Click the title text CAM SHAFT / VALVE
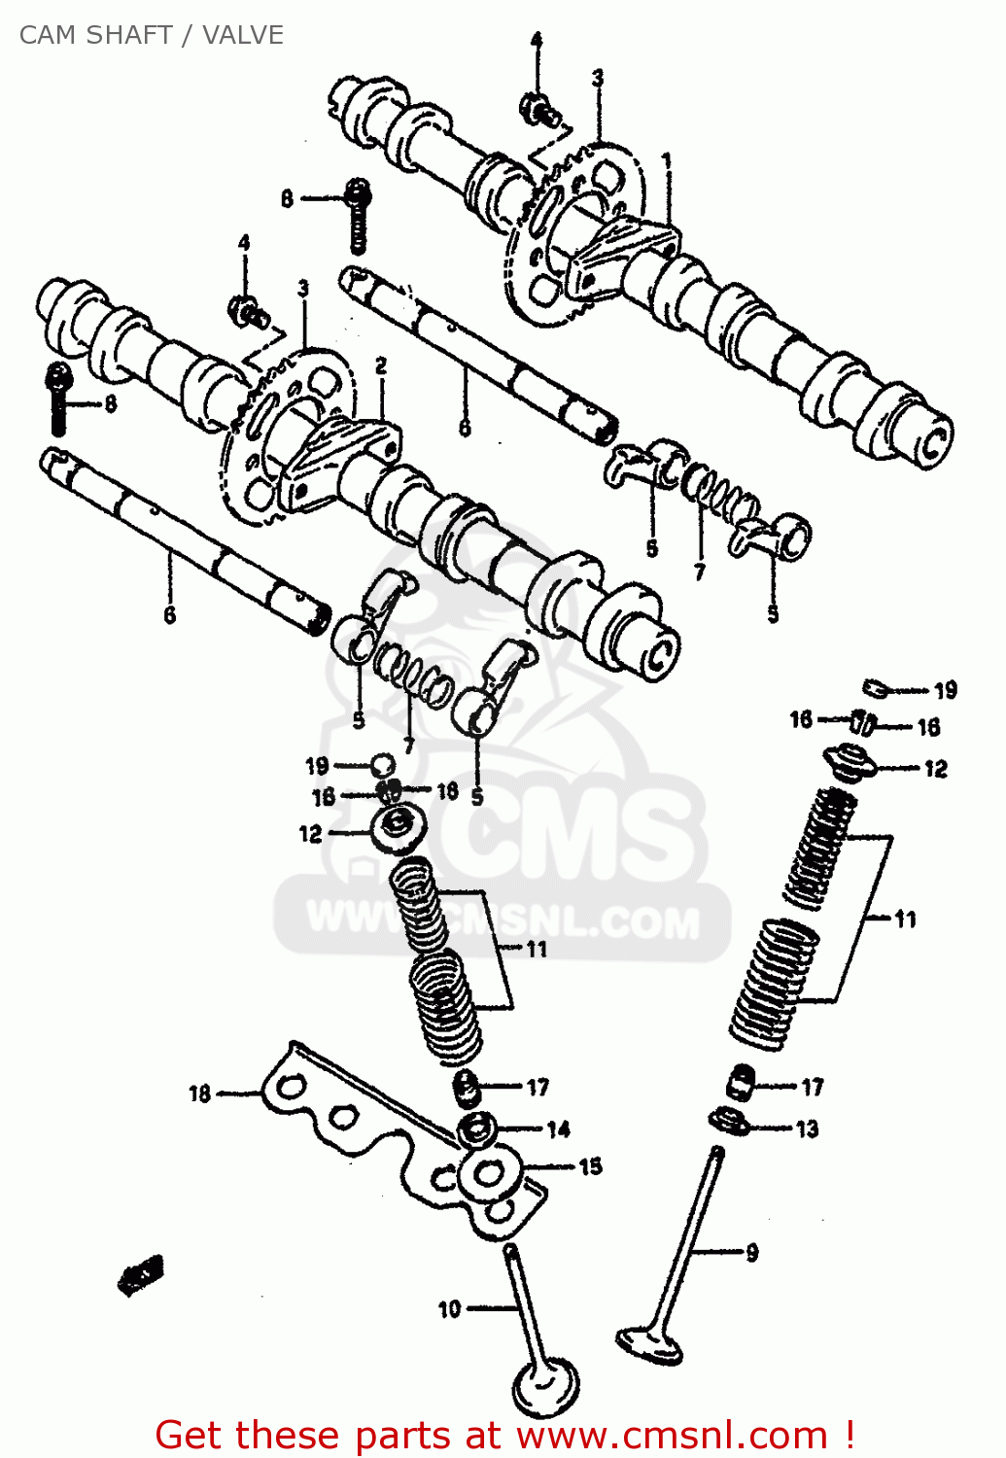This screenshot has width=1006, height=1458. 151,35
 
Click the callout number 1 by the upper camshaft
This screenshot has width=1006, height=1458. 667,160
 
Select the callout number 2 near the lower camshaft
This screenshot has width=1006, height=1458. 381,365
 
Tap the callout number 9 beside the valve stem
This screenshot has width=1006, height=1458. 751,1253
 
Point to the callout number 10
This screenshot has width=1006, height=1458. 449,1309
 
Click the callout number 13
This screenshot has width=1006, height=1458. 807,1128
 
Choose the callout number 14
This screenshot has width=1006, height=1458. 558,1128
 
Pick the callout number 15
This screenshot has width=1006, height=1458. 590,1165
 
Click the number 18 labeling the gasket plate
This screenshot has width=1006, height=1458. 199,1093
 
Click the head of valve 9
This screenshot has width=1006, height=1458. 649,1345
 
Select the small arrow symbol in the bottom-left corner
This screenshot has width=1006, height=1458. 141,1274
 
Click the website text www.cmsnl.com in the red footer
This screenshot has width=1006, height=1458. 671,1435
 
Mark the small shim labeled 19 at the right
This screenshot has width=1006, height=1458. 875,688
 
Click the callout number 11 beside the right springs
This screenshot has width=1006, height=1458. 905,919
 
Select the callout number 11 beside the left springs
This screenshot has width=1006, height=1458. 537,949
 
